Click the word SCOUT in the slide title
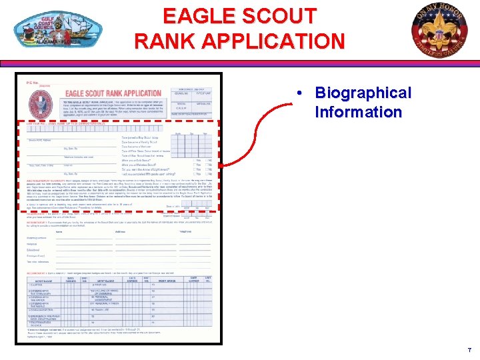pos(279,15)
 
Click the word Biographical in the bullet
pos(363,93)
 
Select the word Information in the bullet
pos(358,111)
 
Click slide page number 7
pos(469,350)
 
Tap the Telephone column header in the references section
pos(186,231)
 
